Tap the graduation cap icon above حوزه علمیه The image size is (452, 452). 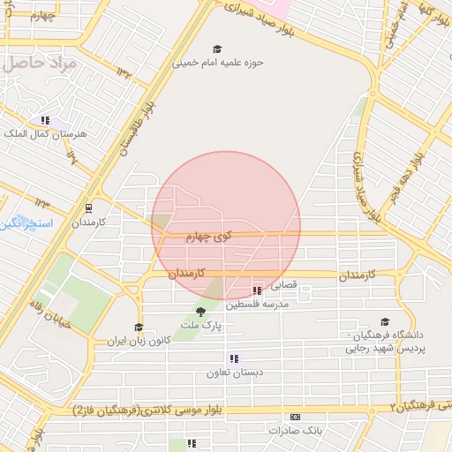(217, 49)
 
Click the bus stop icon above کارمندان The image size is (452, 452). (88, 208)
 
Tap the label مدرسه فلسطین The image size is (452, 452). (257, 304)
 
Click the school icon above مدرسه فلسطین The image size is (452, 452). (257, 290)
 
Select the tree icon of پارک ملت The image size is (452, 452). (200, 312)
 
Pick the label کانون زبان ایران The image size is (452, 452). (138, 341)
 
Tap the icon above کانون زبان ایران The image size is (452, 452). (138, 328)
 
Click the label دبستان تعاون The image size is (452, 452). (234, 373)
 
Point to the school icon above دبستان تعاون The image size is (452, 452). (234, 358)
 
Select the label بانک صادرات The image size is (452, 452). (295, 430)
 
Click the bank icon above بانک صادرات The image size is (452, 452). (295, 417)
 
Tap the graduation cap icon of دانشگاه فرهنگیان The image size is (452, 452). (384, 322)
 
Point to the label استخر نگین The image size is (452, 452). (26, 224)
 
